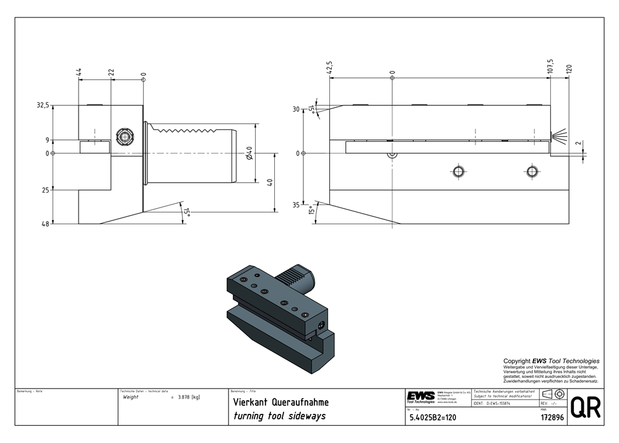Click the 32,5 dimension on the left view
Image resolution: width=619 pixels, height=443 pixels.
click(x=43, y=105)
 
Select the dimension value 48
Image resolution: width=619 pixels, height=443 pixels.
click(x=45, y=224)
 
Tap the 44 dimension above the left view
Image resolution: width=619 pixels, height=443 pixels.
click(x=79, y=72)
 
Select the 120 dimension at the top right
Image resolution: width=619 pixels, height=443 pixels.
click(x=569, y=69)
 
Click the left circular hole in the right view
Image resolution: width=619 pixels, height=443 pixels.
click(x=458, y=171)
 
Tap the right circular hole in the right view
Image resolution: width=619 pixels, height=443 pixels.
click(x=531, y=171)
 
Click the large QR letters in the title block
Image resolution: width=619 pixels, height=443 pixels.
click(x=585, y=408)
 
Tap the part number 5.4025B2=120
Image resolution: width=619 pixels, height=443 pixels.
click(x=433, y=418)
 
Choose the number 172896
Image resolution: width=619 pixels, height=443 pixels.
click(x=552, y=418)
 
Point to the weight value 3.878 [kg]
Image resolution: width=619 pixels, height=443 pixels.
click(x=188, y=397)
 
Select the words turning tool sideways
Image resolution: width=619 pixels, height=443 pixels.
click(x=279, y=416)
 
